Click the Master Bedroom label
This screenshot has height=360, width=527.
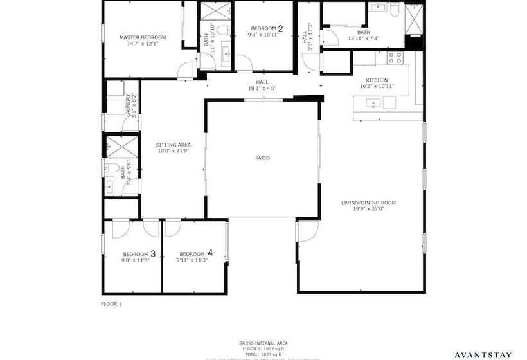[139, 37]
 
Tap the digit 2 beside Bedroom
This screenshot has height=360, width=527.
[280, 28]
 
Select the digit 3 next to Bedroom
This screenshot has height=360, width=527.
[153, 253]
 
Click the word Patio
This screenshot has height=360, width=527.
[262, 157]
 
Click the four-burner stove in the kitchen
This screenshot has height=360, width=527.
[394, 56]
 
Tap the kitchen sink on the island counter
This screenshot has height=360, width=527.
[373, 103]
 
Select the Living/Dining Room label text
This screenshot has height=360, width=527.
[368, 203]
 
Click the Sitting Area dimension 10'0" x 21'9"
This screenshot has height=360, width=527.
[174, 151]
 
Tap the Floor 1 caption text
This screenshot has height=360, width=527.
[111, 303]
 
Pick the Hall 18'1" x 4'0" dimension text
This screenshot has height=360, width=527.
[262, 88]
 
